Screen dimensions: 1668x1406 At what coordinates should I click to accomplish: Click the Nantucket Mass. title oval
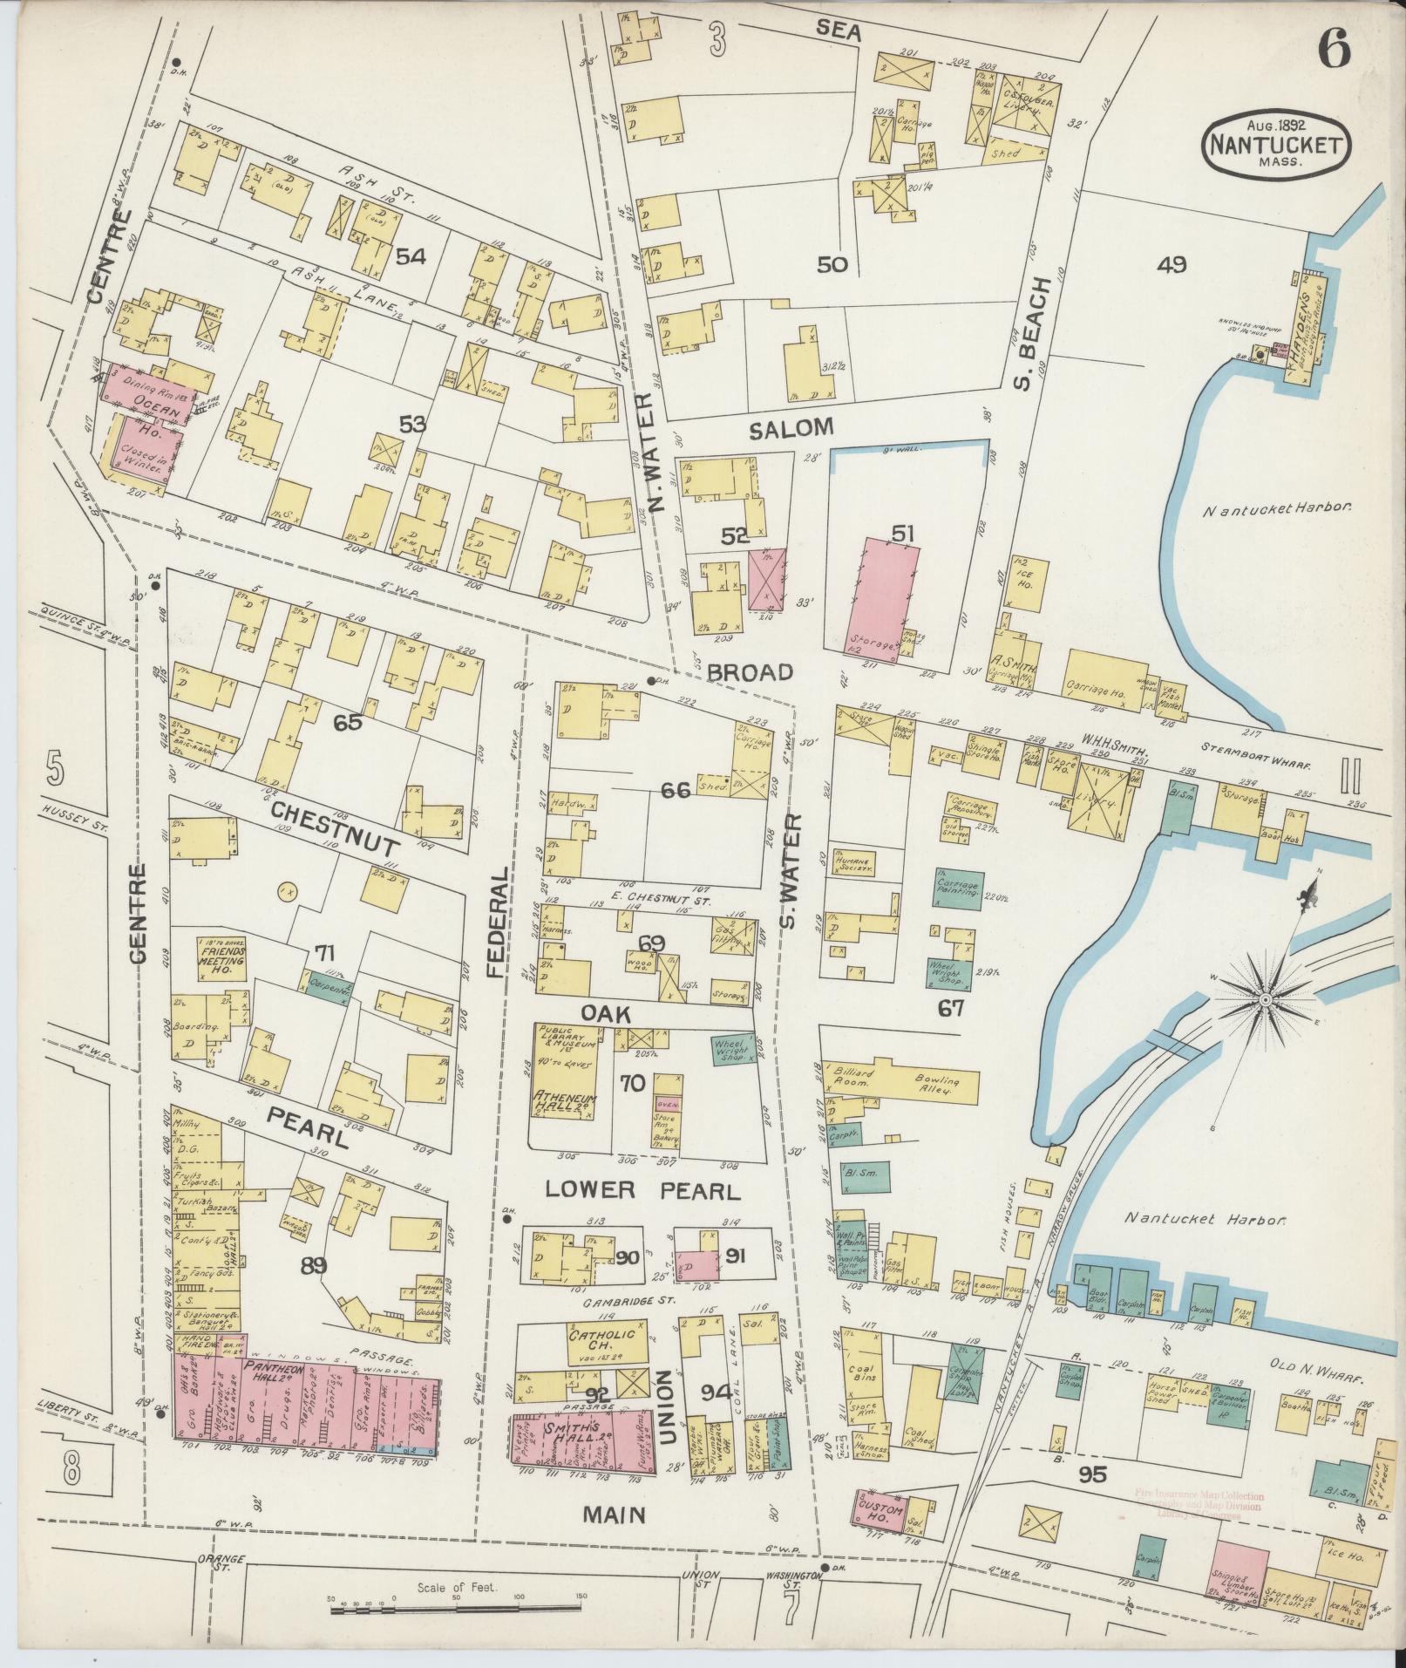pyautogui.click(x=1277, y=145)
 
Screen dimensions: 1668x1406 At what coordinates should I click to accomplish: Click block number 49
pyautogui.click(x=1172, y=265)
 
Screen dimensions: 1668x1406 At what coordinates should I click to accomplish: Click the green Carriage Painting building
pyautogui.click(x=959, y=889)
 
